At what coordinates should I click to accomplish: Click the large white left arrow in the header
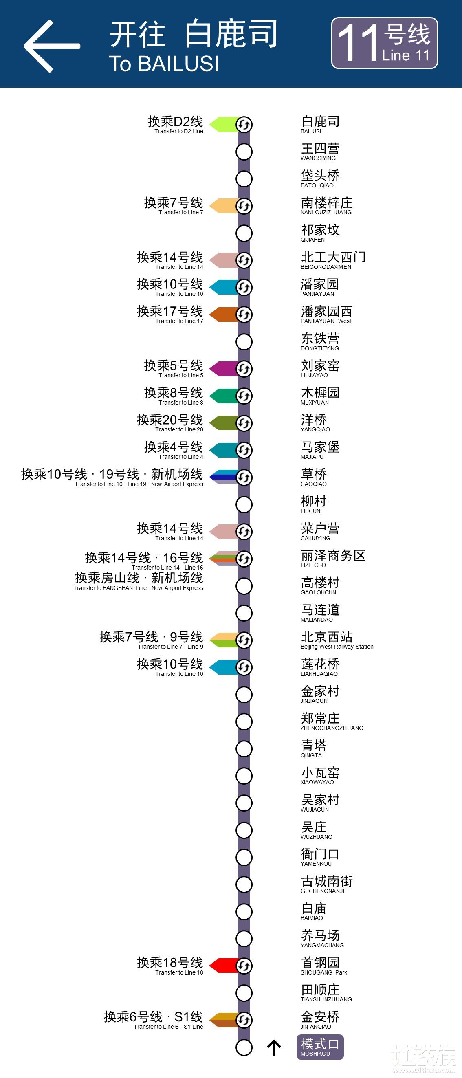click(51, 46)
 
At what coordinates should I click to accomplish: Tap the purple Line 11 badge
click(384, 43)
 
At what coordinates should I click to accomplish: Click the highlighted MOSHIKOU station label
click(320, 1047)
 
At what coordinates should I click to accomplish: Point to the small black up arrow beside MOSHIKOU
click(274, 1047)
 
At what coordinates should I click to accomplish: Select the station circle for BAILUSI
click(244, 124)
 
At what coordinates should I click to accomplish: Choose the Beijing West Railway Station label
click(337, 640)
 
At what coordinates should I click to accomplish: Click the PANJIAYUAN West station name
click(326, 314)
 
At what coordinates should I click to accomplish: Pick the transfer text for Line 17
click(170, 314)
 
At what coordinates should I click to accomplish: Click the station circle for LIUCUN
click(244, 504)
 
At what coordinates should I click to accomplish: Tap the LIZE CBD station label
click(333, 559)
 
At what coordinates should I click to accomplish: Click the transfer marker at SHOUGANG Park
click(244, 966)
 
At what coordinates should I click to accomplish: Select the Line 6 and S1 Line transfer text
click(154, 1020)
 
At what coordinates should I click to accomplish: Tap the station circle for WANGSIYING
click(244, 152)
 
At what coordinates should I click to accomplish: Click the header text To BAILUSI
click(164, 64)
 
